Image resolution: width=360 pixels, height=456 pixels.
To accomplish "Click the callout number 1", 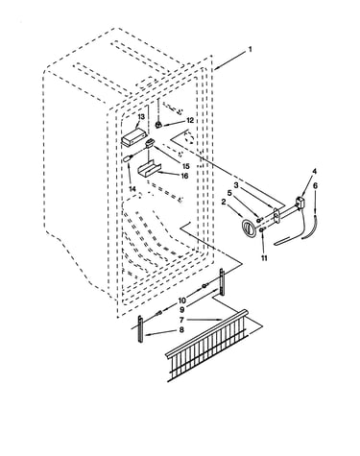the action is [250, 50].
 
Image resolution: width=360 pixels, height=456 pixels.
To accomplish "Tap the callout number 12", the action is [190, 120].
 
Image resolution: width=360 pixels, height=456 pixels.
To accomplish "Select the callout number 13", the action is [141, 117].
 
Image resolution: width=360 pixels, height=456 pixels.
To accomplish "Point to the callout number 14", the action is [132, 189].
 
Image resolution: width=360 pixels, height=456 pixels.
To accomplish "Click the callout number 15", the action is [185, 166].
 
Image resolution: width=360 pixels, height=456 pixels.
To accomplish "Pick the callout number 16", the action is [184, 176].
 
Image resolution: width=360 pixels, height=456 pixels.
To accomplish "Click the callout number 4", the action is [314, 172].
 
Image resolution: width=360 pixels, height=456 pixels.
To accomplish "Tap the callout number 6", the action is [315, 185].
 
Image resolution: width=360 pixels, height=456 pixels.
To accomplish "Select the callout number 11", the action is [264, 258].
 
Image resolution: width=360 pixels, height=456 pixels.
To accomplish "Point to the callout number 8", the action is [181, 329].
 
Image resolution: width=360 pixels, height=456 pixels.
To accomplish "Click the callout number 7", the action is [181, 320].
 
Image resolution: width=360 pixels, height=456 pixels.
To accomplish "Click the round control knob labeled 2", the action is [249, 228].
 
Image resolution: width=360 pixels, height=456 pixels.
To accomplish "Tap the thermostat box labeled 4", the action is [300, 204].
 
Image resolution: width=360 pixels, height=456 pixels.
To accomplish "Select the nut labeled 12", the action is [158, 125].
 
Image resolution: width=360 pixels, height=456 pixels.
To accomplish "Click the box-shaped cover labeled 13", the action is [133, 136].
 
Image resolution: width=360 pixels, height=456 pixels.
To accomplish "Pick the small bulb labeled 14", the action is [128, 158].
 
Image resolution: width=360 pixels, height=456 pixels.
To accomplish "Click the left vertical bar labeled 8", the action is [140, 329].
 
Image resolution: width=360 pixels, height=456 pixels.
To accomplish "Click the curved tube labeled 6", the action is [310, 228].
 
